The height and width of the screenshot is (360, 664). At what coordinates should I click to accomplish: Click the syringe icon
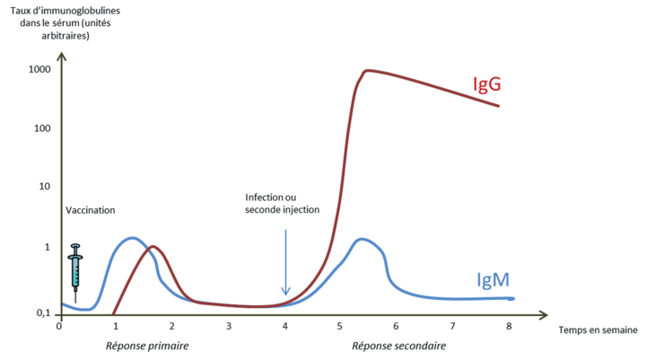coord(75,267)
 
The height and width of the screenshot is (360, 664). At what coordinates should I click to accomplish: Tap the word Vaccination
coord(91,210)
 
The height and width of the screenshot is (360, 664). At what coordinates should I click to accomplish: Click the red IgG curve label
coord(486,84)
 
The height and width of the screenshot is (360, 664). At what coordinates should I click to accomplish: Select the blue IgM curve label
coord(496,280)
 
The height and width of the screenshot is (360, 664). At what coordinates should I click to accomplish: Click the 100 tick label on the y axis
coord(42,128)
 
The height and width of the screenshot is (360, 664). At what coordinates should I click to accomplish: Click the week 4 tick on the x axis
coord(285,326)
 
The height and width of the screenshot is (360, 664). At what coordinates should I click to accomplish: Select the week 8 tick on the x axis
coord(510,326)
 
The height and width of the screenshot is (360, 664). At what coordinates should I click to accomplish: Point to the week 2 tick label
coord(172,326)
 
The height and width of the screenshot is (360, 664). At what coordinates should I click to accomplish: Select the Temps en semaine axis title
coord(598,329)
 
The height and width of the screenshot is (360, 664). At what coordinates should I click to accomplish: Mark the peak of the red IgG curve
coord(366,70)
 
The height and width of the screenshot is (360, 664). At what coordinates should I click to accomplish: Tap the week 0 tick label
coord(59,326)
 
